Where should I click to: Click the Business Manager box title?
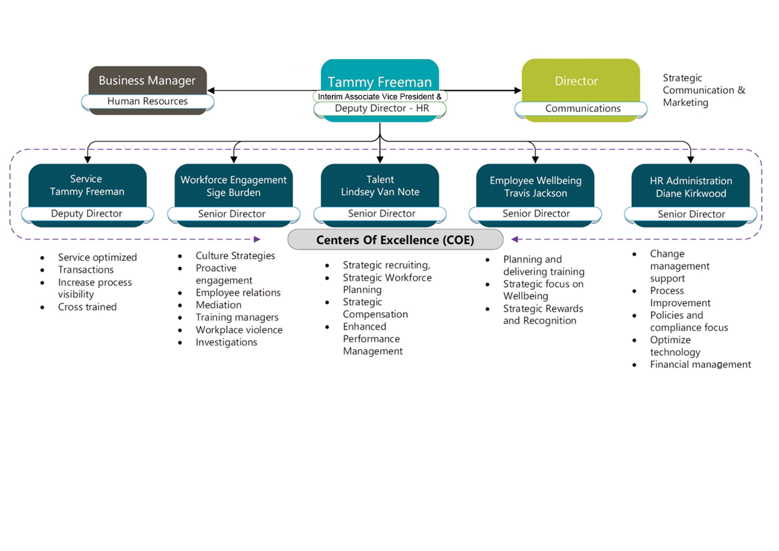click(x=147, y=80)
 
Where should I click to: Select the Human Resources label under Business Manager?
click(x=147, y=101)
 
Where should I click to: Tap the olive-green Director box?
click(x=576, y=81)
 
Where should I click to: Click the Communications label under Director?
click(x=583, y=109)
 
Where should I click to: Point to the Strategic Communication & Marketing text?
click(x=703, y=90)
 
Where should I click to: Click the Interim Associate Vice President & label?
click(x=380, y=96)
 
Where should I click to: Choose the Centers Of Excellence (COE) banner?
click(x=395, y=240)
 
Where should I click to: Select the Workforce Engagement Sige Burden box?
click(x=234, y=186)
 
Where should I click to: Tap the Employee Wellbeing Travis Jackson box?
click(x=536, y=187)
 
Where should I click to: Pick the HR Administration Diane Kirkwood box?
click(x=691, y=187)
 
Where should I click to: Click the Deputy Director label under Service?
click(x=87, y=214)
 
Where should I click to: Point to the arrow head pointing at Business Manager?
click(x=212, y=90)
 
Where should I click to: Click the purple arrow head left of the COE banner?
click(x=257, y=240)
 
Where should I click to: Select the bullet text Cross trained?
click(x=87, y=307)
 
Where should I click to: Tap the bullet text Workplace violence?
click(x=239, y=330)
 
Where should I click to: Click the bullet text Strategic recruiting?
click(x=386, y=265)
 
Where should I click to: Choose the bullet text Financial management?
click(x=700, y=364)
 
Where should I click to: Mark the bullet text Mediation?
click(x=218, y=305)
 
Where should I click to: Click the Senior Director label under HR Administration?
click(x=691, y=214)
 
